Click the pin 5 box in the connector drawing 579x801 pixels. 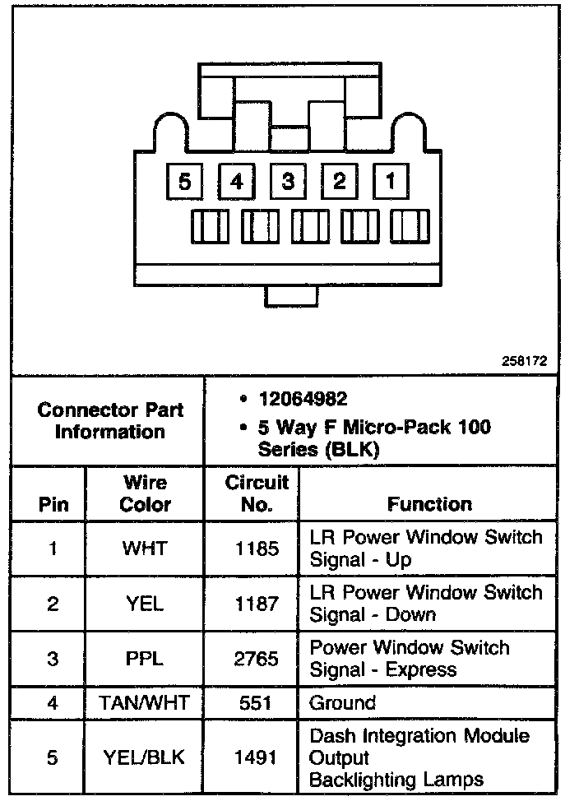click(185, 180)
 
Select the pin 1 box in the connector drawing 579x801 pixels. click(391, 180)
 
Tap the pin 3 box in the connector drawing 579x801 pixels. click(288, 180)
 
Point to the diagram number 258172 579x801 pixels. click(525, 360)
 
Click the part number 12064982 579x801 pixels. click(303, 400)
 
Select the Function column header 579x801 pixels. click(429, 503)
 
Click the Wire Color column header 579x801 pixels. click(145, 493)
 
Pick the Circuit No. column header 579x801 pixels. click(257, 493)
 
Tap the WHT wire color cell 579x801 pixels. click(145, 549)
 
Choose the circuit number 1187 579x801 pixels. click(257, 604)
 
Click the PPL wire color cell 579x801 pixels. click(145, 659)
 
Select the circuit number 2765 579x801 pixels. click(257, 659)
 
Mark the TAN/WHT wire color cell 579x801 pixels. click(145, 703)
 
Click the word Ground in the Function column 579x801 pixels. click(342, 703)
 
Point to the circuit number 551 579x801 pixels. click(257, 703)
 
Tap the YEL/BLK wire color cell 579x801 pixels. click(145, 757)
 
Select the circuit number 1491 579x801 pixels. click(257, 757)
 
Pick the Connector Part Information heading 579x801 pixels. click(110, 420)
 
